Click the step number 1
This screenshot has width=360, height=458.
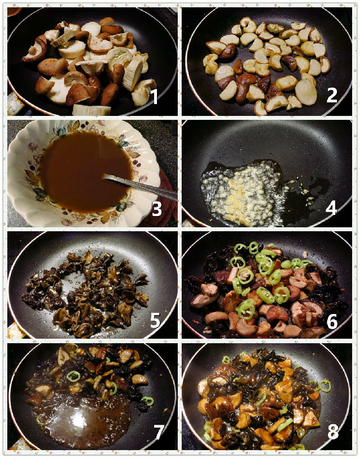pos(154,97)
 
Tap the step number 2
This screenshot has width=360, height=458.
pos(332,95)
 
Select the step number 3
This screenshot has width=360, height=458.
pos(157,209)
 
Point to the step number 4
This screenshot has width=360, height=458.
pos(331,208)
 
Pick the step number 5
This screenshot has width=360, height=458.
pos(155,320)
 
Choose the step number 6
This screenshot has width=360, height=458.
pos(332,321)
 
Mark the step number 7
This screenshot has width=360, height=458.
pos(159,432)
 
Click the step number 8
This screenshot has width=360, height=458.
pos(333,432)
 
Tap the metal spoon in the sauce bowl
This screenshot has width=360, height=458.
pos(140,186)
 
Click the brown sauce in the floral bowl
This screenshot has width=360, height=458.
pos(85,172)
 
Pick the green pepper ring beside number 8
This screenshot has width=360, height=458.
pos(325,385)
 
